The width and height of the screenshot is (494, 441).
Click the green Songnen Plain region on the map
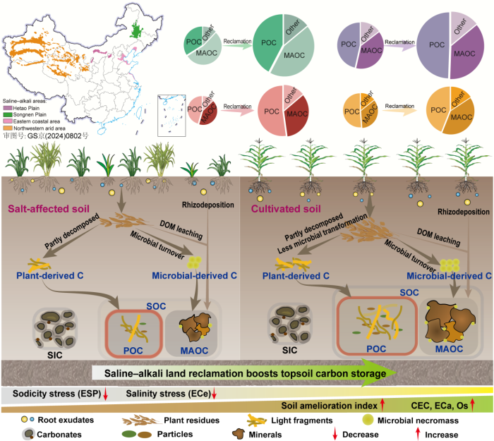[136, 30]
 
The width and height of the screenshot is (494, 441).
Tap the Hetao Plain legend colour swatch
[8, 108]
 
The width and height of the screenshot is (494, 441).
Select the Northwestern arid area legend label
[40, 128]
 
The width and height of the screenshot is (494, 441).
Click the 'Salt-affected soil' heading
[49, 209]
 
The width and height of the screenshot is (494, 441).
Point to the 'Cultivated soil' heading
[286, 209]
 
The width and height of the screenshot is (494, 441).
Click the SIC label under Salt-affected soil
[55, 356]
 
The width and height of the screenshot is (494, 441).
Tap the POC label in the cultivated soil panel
[376, 349]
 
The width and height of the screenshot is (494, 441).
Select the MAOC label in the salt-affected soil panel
[194, 351]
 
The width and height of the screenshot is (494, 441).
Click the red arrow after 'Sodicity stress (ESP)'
[106, 394]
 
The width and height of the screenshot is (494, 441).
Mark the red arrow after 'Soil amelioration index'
[382, 405]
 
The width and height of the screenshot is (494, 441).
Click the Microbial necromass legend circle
[368, 420]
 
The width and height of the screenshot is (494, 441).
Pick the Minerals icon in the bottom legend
[239, 434]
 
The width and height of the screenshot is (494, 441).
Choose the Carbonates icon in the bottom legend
[28, 434]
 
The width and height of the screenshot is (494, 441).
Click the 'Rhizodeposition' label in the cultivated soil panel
[464, 212]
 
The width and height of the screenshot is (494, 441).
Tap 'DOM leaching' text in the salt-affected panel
[181, 230]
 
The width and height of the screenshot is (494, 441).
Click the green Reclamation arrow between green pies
[237, 47]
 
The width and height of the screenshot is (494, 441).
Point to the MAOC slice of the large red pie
[297, 115]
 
